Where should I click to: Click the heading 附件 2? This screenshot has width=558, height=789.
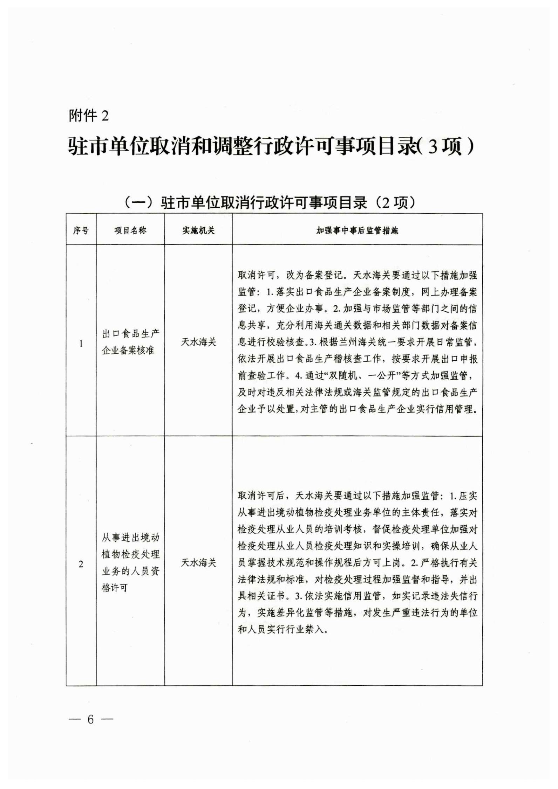(x=89, y=116)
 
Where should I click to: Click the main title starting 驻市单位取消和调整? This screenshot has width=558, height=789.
(x=270, y=147)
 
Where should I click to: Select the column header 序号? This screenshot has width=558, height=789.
(x=81, y=230)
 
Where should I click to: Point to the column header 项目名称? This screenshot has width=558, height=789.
(x=130, y=230)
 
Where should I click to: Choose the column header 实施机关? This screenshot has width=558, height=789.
(x=198, y=230)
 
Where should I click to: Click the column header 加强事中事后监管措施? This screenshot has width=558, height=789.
(x=357, y=231)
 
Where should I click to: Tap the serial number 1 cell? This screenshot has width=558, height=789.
(x=81, y=344)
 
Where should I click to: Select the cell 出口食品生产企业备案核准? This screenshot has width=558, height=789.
(x=130, y=342)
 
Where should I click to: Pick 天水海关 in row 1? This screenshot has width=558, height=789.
(x=198, y=342)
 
